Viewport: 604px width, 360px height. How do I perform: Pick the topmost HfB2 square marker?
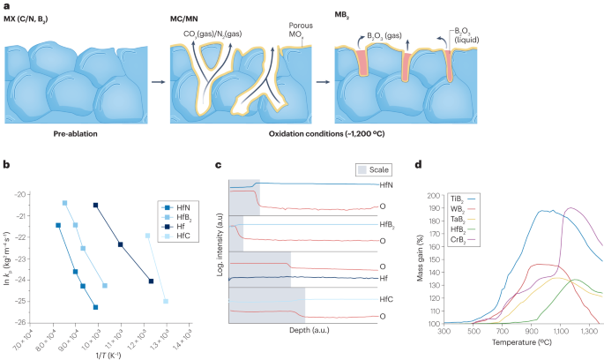coord(65,203)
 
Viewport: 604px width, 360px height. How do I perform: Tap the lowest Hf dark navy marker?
coord(152,281)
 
